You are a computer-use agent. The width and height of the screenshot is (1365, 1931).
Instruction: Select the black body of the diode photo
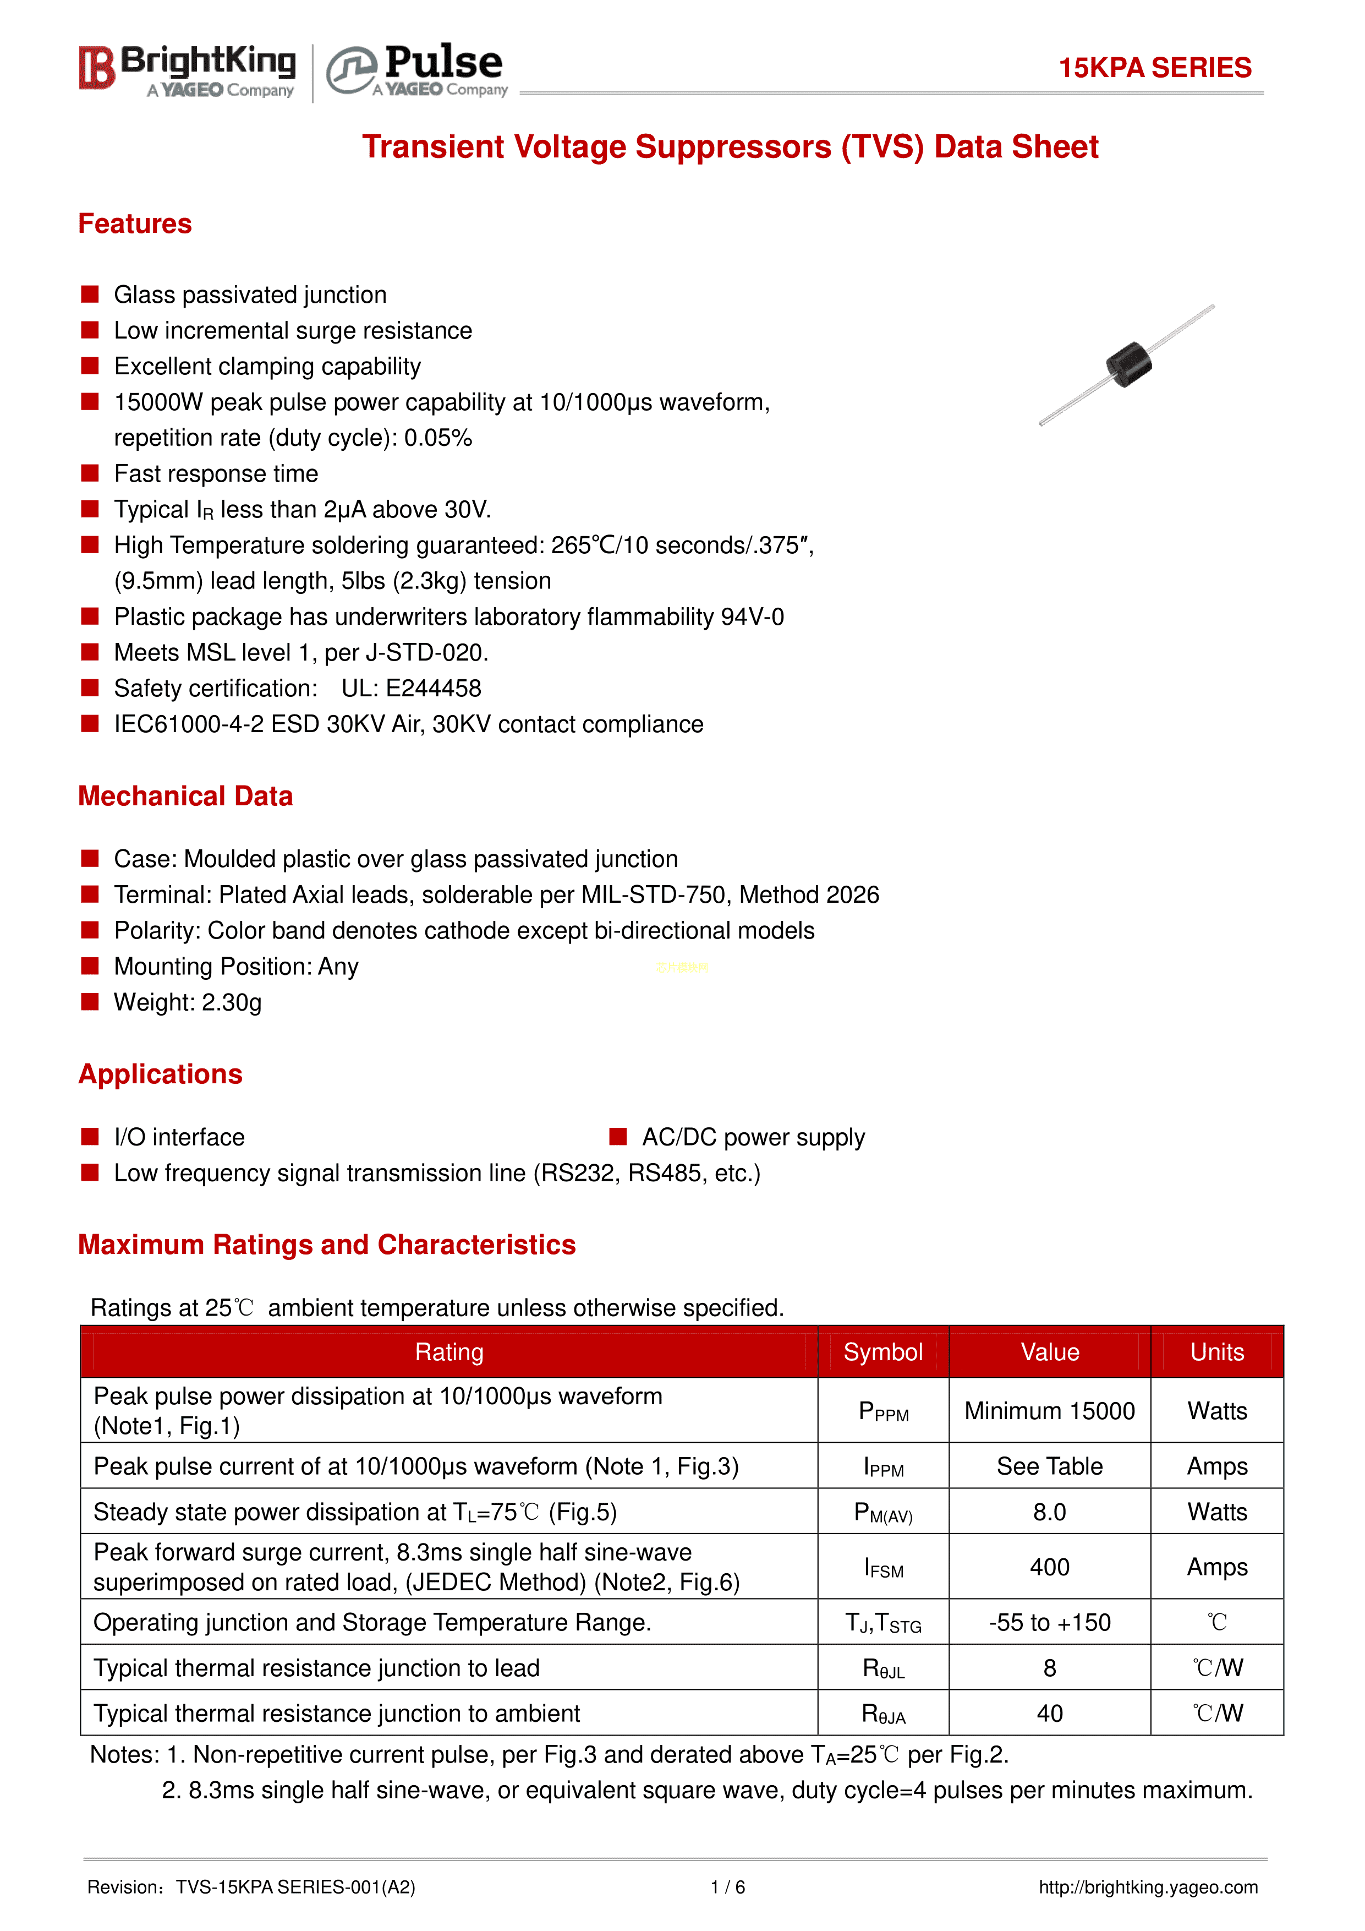(1128, 364)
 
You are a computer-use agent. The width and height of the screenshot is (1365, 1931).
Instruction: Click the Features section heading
(134, 223)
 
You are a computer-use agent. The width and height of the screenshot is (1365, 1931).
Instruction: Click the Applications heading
(160, 1074)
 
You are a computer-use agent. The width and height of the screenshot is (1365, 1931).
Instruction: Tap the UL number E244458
(433, 688)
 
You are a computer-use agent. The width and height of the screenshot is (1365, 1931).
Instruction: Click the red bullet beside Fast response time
(90, 473)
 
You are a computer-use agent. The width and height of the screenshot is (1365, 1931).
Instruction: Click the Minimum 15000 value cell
(1049, 1410)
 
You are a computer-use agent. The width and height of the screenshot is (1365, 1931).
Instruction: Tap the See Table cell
(1049, 1466)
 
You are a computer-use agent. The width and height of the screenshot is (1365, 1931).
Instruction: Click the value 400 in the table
(1049, 1567)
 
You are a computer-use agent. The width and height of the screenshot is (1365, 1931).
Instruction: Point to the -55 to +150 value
(1049, 1622)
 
